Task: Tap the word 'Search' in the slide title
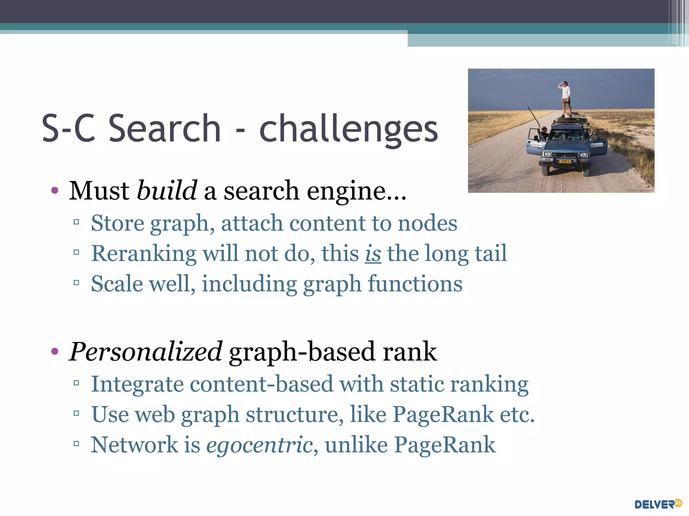pos(165,128)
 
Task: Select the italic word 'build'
pos(167,190)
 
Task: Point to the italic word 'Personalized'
pos(145,352)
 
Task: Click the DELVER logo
pos(658,504)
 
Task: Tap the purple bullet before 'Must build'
pos(55,191)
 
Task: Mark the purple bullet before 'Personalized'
pos(55,352)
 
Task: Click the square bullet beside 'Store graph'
pos(76,222)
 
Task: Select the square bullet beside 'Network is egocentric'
pos(76,444)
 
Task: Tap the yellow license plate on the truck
pos(565,161)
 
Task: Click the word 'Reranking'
pos(144,254)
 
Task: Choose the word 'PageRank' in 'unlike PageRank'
pos(444,445)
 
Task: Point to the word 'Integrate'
pos(138,384)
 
